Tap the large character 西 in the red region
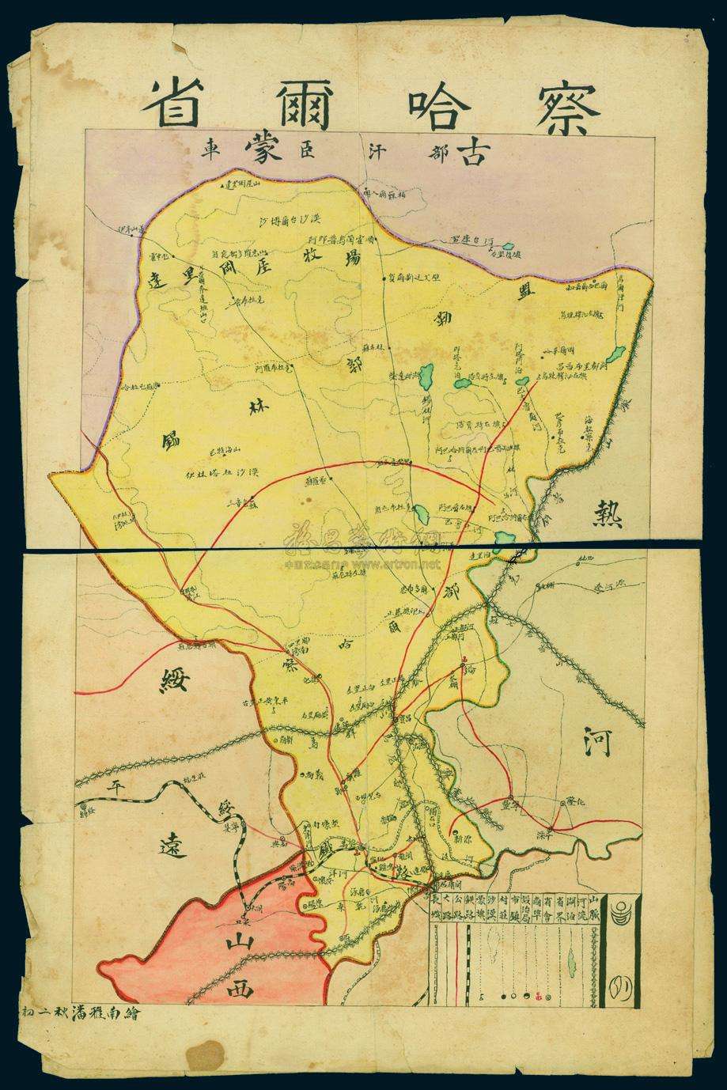[238, 988]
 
